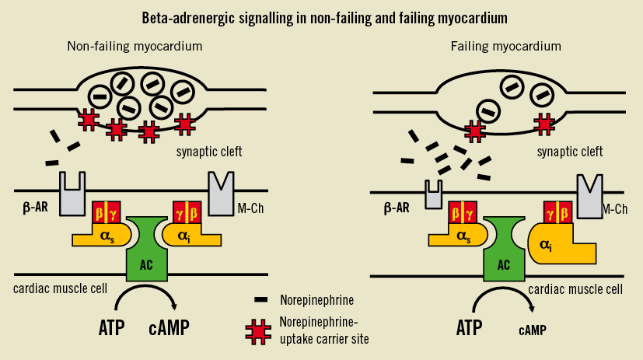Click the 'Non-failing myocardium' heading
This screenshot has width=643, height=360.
[x=135, y=47]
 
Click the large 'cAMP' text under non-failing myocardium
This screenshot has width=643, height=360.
[x=172, y=327]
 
